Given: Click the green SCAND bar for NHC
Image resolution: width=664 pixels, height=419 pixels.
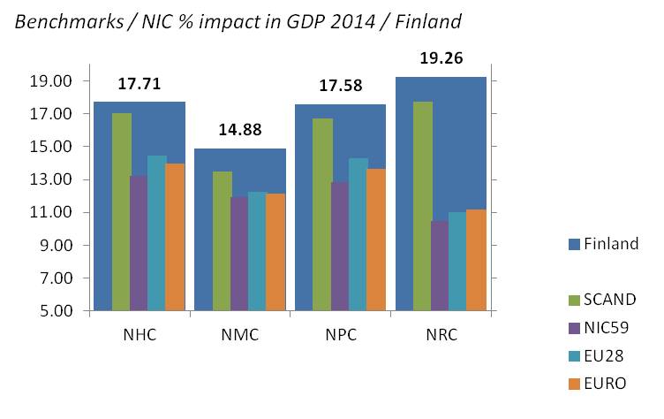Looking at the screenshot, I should point(122,212).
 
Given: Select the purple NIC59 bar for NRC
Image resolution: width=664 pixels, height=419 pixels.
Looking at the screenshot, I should point(439,266).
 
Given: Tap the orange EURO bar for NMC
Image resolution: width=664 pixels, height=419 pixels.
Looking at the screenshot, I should point(274,252).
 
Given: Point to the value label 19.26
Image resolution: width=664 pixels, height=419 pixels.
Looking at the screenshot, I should point(441,60).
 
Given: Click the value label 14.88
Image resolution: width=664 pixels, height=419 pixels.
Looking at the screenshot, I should point(239,132).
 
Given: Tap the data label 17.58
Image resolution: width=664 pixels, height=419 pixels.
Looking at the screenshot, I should point(340,87).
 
